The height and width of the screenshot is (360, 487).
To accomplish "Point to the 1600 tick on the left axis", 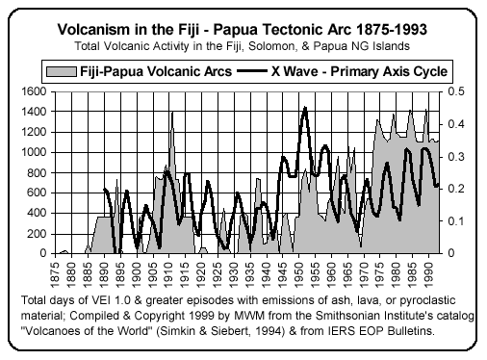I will click(32, 91).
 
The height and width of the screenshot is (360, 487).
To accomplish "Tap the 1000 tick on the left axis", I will click(32, 152).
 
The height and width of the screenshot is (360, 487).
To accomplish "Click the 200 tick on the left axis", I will click(35, 233).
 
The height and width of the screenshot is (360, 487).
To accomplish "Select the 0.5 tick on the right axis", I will click(451, 91).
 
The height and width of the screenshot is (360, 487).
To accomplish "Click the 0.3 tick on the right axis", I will click(451, 156).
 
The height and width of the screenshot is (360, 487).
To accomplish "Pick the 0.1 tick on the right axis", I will click(451, 220).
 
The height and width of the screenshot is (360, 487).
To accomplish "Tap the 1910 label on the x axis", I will click(168, 272).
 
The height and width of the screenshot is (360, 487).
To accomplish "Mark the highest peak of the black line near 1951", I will click(305, 109).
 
